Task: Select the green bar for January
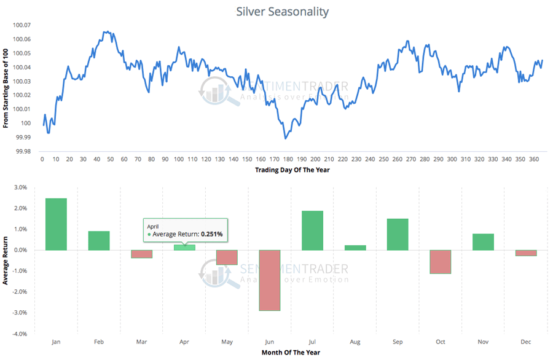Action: [56, 224]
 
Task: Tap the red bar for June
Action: [270, 280]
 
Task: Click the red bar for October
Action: [441, 262]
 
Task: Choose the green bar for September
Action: [398, 234]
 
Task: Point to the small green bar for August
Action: [355, 248]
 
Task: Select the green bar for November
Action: [484, 242]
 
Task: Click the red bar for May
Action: [227, 257]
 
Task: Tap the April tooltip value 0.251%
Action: [209, 234]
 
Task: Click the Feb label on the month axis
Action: [99, 341]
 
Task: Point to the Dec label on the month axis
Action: [526, 341]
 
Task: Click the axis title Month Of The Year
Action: [291, 352]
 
